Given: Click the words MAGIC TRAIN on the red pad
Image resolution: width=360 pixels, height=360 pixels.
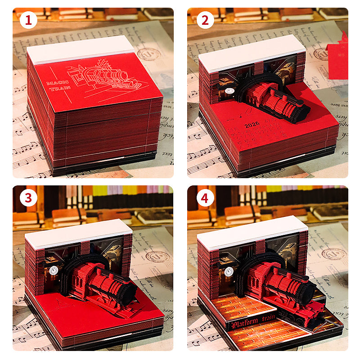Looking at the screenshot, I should point(57,86).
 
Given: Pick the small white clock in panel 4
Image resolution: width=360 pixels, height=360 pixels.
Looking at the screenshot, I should point(228,272).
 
